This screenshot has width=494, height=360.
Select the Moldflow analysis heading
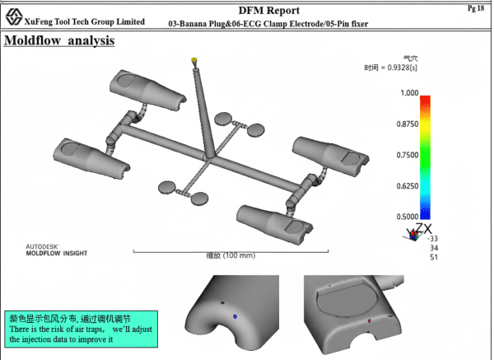pos(59,40)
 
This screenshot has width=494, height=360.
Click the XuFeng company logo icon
pos(13,17)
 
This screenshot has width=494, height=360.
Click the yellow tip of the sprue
pos(194,60)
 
